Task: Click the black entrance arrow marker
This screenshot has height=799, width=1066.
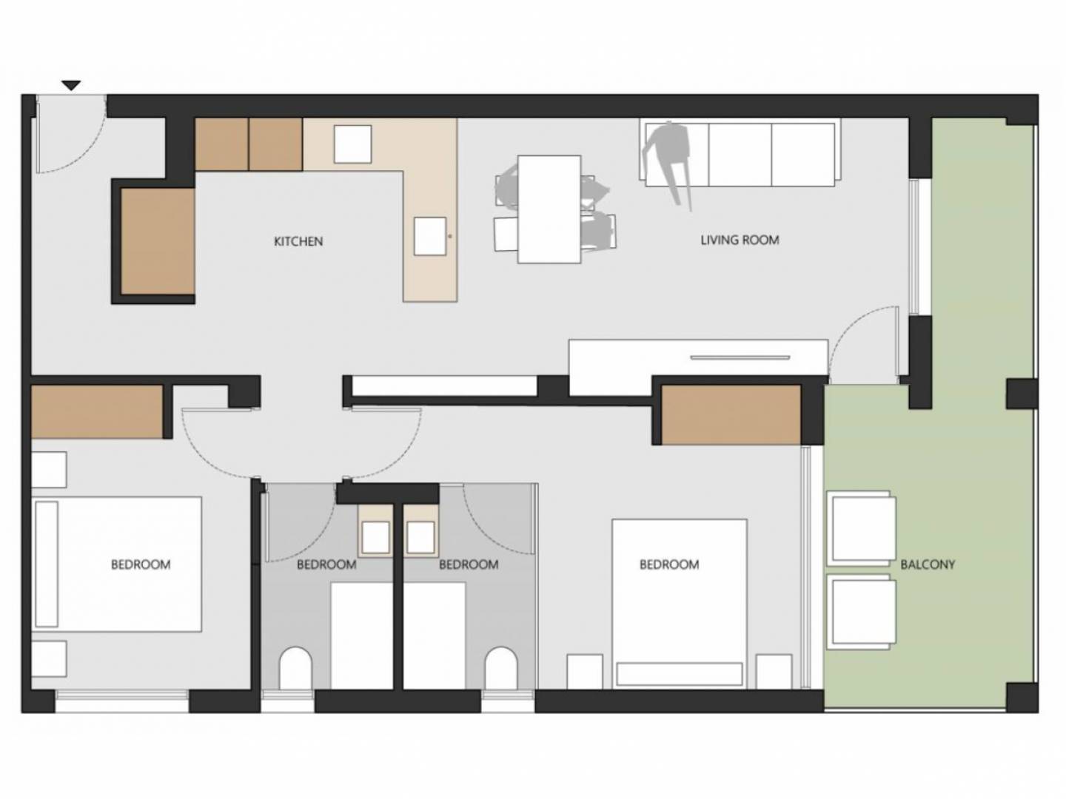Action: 72,86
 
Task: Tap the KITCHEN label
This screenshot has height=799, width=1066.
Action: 298,241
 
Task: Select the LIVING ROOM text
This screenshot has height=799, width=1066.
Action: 740,240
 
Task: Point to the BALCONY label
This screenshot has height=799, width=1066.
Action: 928,564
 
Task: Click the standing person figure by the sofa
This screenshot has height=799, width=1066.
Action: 668,160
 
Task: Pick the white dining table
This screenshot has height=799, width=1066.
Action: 549,209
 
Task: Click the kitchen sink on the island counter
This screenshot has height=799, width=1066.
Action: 430,236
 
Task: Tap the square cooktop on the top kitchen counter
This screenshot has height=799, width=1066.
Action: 352,144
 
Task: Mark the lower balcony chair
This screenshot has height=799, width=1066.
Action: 862,613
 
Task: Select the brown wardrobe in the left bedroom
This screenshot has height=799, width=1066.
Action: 97,412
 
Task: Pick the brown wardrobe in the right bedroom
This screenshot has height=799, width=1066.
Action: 731,415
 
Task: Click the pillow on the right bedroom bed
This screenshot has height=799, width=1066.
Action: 680,674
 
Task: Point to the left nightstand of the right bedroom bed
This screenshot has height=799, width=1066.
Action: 585,672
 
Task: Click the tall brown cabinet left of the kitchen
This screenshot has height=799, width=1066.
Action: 158,241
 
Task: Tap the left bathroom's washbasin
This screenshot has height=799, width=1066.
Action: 375,538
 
